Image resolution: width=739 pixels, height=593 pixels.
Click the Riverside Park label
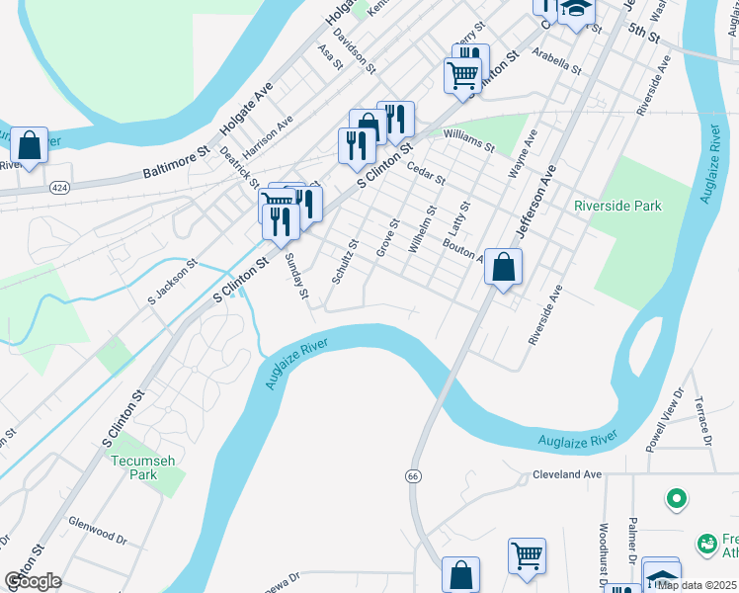[617, 206]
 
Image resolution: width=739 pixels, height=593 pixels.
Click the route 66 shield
[412, 476]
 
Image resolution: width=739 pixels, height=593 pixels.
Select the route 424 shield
[60, 187]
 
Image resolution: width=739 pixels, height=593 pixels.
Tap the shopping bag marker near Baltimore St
[30, 146]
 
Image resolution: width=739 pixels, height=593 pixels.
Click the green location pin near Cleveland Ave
[677, 498]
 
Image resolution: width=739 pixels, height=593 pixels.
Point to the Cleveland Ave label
[567, 474]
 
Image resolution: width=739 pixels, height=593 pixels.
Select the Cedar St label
[427, 174]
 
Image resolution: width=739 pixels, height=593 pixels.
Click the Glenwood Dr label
[98, 529]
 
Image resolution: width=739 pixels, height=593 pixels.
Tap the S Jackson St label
[173, 281]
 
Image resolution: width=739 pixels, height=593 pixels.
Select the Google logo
[32, 580]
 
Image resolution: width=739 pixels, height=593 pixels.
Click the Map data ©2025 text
[696, 585]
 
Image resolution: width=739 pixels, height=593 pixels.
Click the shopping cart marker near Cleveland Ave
[527, 554]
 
